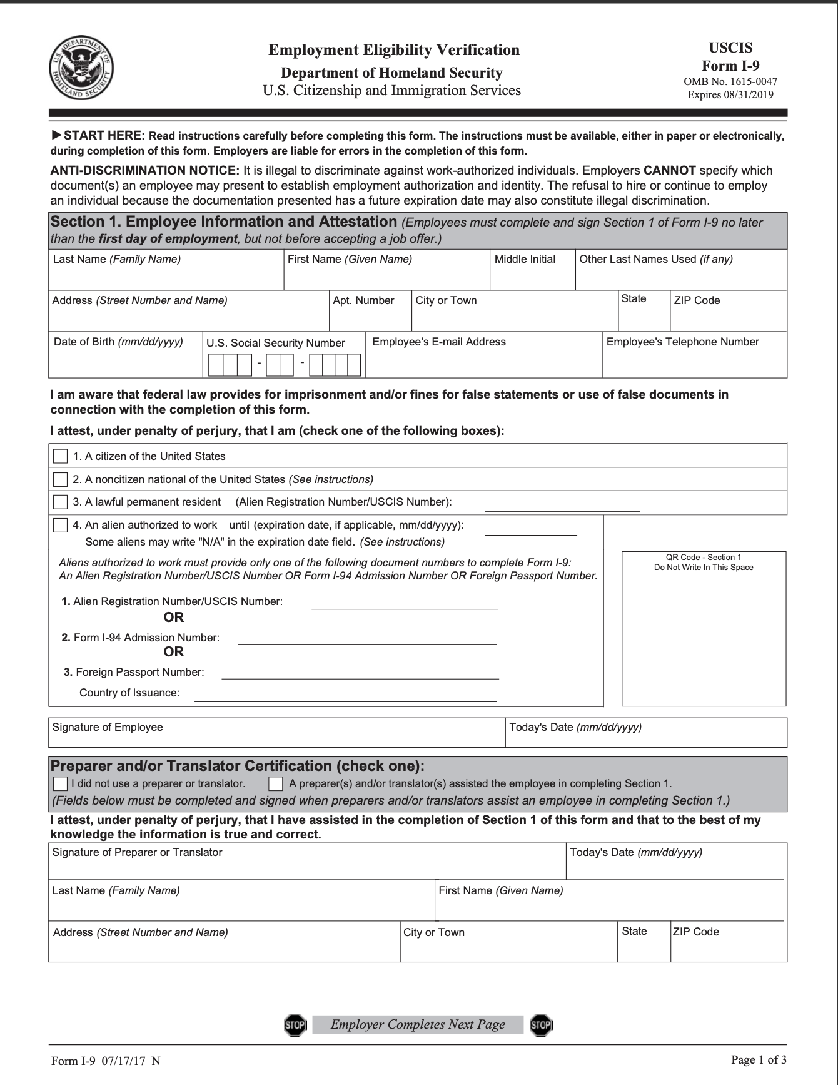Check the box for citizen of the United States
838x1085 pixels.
tap(60, 456)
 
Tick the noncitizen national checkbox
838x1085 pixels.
tap(60, 479)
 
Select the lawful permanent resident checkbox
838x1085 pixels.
tap(60, 502)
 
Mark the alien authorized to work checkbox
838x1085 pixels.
tap(60, 525)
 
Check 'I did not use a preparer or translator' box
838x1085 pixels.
tap(60, 783)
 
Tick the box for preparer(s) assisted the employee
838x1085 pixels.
tap(275, 783)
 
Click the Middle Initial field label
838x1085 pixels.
tap(525, 259)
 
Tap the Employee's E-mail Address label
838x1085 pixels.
tap(439, 342)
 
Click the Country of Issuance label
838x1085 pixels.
tap(129, 693)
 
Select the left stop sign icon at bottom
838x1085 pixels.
tap(295, 1024)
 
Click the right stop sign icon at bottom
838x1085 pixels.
tap(541, 1024)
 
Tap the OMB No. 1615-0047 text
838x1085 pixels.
tap(730, 82)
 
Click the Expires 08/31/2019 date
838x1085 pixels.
tap(730, 95)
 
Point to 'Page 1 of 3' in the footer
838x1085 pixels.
tap(759, 1059)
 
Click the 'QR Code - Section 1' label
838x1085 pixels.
tap(704, 557)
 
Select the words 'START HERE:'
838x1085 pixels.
tap(104, 136)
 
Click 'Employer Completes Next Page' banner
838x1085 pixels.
tap(418, 1024)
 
